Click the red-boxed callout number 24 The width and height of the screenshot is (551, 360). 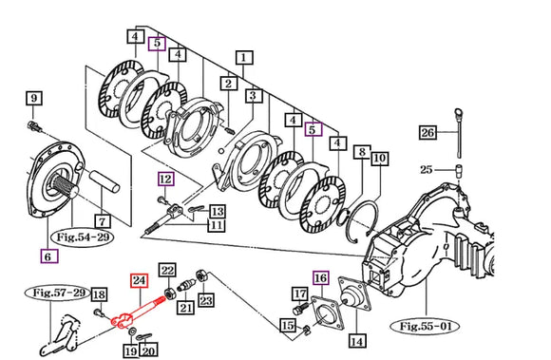[139, 280]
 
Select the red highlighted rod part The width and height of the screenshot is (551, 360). [137, 313]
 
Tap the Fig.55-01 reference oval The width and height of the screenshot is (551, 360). [426, 327]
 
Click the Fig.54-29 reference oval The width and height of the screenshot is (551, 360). [83, 237]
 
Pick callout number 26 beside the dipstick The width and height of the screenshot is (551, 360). [427, 133]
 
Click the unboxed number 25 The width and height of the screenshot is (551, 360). [426, 170]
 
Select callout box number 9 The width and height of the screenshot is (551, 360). [34, 98]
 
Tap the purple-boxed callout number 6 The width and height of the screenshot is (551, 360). [48, 256]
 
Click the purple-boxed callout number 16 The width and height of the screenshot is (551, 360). [320, 278]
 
